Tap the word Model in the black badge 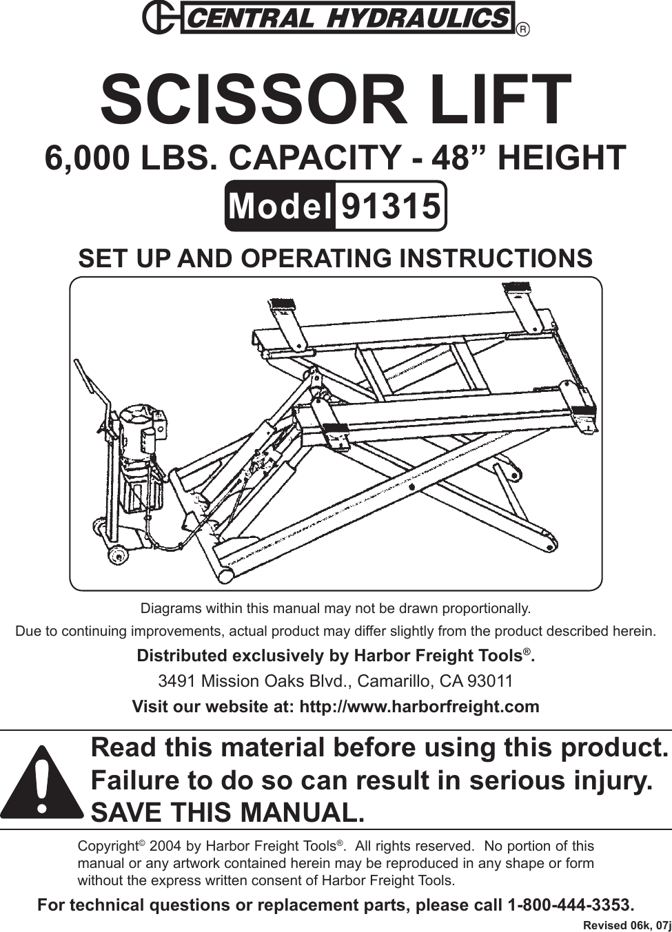coord(279,206)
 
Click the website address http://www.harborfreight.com coord(416,707)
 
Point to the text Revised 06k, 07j coord(626,924)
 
